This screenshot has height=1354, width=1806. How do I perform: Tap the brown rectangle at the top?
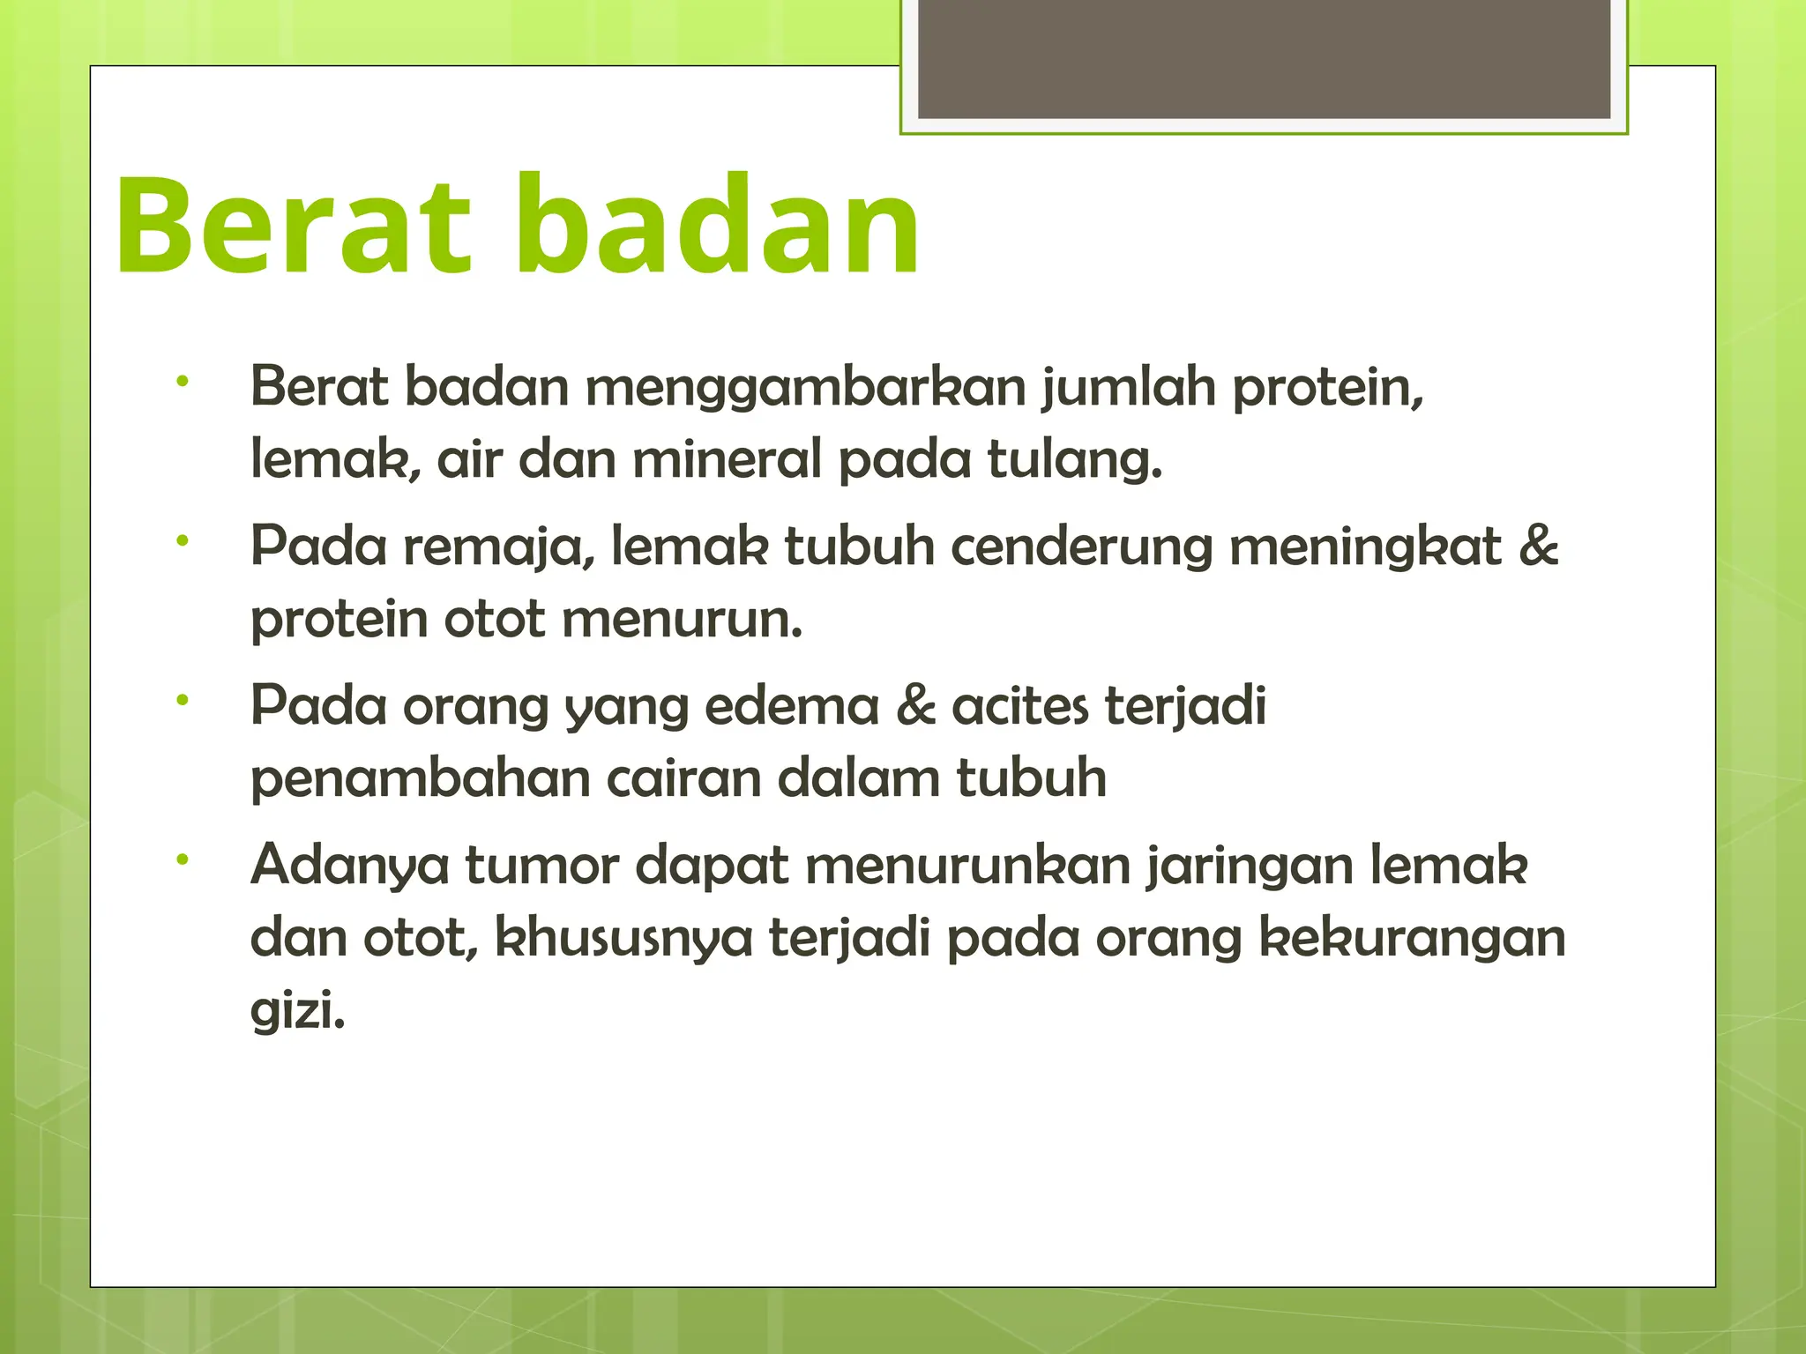point(1264,58)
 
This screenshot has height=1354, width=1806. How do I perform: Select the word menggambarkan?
point(805,388)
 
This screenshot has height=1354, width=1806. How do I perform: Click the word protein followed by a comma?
point(1327,388)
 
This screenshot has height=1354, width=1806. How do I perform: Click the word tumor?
point(541,866)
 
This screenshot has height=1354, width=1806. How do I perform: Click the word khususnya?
point(623,939)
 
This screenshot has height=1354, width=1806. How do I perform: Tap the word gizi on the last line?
point(297,1011)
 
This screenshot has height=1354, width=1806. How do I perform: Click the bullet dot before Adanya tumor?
point(183,858)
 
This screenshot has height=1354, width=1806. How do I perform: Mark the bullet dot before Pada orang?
point(183,700)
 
